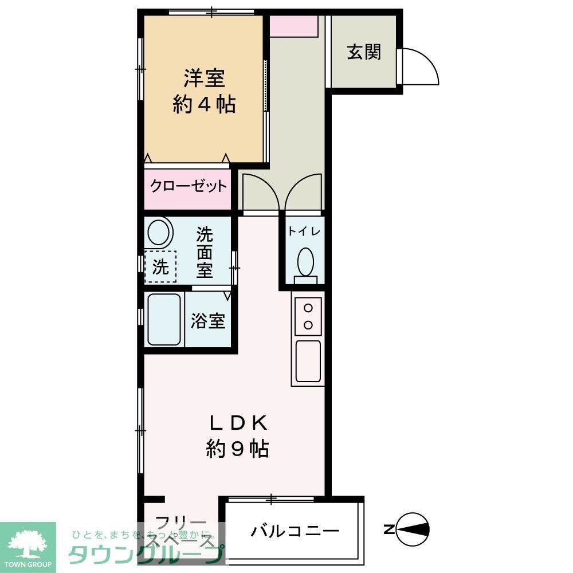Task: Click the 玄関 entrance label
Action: pos(363,52)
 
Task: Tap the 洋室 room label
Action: pos(204,78)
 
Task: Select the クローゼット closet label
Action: pos(188,186)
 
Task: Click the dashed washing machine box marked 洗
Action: pos(160,267)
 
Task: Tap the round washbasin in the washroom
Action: pos(160,233)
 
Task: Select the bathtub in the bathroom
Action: pos(164,319)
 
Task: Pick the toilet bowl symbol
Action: pos(305,262)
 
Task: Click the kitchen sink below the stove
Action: pos(308,361)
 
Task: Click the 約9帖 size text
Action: pos(237,449)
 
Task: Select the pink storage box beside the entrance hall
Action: pos(293,26)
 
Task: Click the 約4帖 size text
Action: pos(204,104)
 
